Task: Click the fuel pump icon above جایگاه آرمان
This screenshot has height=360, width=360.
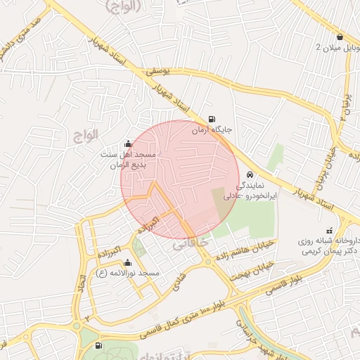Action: pyautogui.click(x=212, y=119)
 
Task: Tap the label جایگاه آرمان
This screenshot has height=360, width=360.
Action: pyautogui.click(x=216, y=131)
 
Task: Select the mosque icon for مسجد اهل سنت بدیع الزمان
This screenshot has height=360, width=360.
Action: pyautogui.click(x=127, y=143)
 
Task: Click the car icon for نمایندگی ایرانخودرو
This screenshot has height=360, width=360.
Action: pyautogui.click(x=251, y=176)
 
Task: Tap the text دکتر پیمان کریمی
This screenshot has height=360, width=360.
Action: pyautogui.click(x=328, y=250)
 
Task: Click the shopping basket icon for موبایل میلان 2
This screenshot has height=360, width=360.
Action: pyautogui.click(x=340, y=37)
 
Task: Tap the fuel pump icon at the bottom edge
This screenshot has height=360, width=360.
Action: pyautogui.click(x=97, y=345)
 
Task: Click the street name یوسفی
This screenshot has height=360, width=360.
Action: pyautogui.click(x=160, y=71)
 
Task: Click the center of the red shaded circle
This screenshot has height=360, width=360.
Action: pyautogui.click(x=180, y=180)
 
